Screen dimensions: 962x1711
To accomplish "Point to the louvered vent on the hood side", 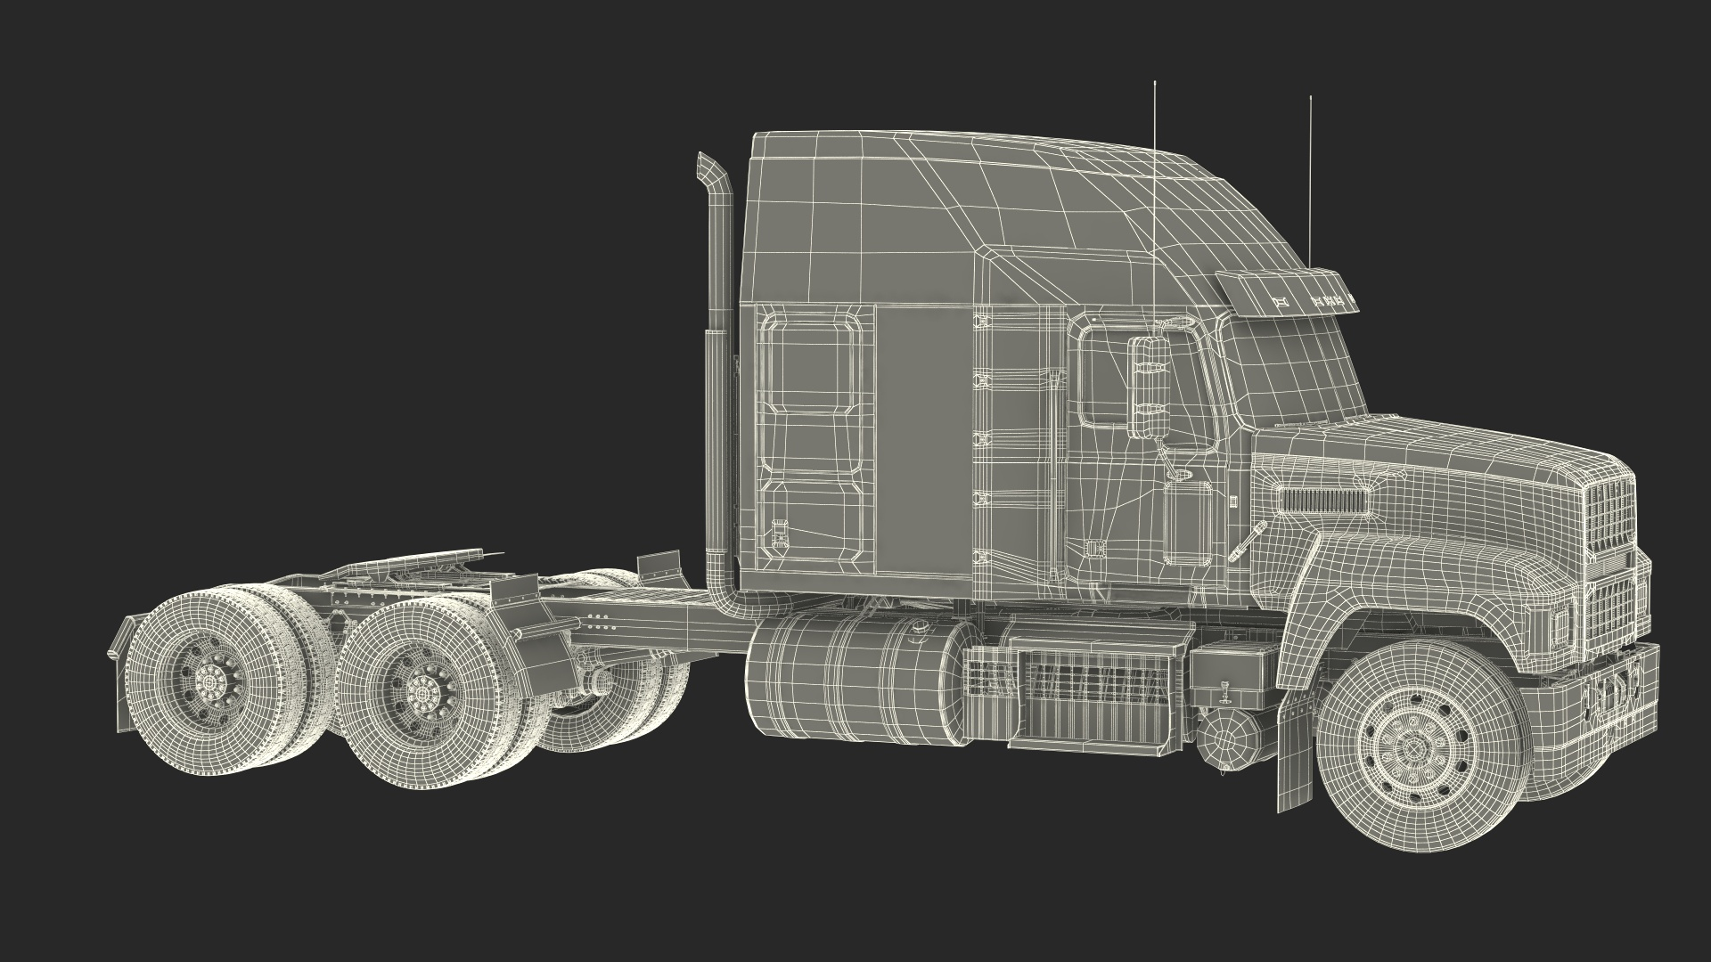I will coord(1322,500).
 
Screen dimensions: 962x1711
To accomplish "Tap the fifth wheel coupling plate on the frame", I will coord(419,570).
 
